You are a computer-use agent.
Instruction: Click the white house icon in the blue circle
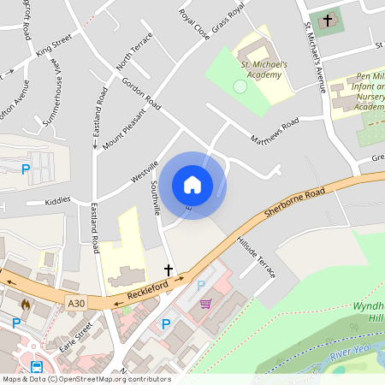click(x=192, y=185)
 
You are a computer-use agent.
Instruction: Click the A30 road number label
click(x=76, y=302)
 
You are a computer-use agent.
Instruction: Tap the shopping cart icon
click(x=205, y=303)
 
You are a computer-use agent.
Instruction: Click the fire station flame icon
click(x=27, y=304)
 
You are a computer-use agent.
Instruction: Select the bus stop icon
click(x=38, y=367)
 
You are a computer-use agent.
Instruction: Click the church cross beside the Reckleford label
click(x=168, y=270)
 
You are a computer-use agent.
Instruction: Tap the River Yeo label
click(x=352, y=351)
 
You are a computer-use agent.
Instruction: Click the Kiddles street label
click(x=59, y=203)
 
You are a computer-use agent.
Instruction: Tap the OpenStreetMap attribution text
click(x=86, y=379)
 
